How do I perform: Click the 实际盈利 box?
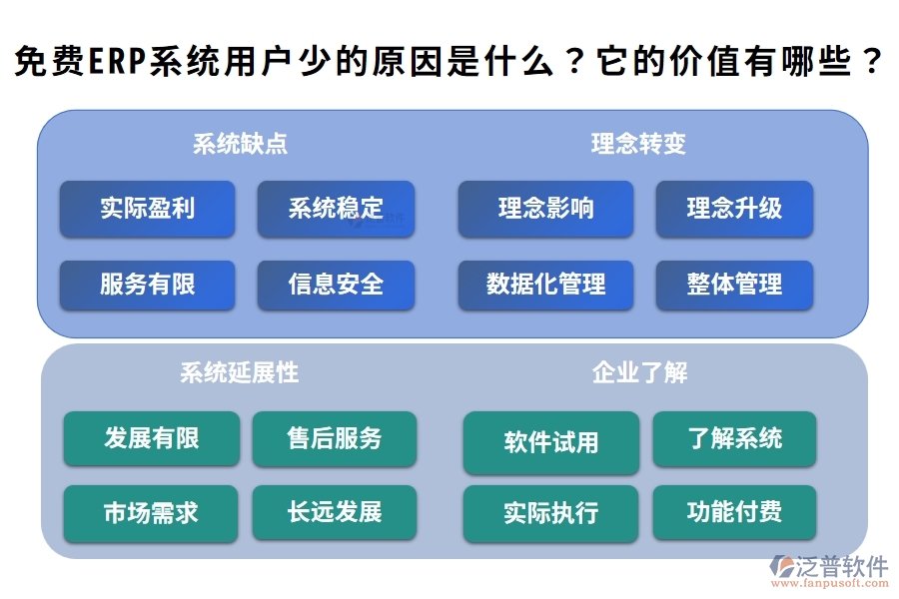[147, 209]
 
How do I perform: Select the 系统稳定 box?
[336, 209]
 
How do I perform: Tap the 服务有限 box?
[147, 285]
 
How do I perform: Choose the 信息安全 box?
[336, 285]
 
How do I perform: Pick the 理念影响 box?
[545, 209]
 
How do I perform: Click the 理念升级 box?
[734, 209]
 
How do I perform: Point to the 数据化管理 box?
[545, 285]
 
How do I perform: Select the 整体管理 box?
[734, 285]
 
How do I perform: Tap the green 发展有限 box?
[152, 438]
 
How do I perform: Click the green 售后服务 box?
[335, 438]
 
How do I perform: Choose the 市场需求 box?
[151, 513]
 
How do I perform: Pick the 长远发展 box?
[335, 513]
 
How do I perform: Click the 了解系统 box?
[734, 438]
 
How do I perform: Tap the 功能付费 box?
[734, 513]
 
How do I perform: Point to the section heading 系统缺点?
[240, 144]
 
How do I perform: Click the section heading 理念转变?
[638, 144]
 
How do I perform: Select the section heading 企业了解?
[639, 373]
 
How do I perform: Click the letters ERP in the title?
[117, 64]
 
